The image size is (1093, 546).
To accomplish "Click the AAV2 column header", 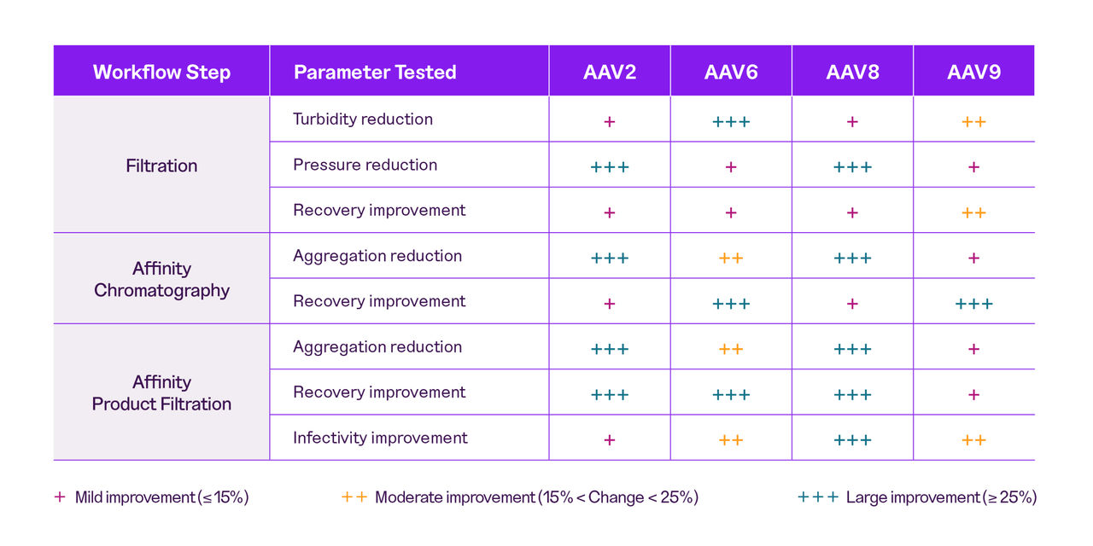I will (609, 72).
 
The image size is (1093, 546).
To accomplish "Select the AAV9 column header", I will (973, 72).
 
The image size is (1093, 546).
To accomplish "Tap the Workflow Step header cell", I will (161, 72).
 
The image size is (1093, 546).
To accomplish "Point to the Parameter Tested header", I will (375, 72).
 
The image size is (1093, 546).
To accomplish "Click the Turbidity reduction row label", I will (362, 119).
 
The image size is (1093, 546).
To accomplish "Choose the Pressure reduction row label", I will (365, 165).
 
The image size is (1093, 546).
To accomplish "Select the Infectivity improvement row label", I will (380, 438).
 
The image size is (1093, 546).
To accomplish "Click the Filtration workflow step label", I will (161, 166).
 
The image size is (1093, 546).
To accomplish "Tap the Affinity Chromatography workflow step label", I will (161, 279).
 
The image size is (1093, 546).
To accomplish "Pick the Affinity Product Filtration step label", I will (161, 392).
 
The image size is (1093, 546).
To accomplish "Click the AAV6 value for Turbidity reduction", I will (731, 121).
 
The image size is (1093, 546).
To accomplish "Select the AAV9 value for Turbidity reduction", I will (973, 121).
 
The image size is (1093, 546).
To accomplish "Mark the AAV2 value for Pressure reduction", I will (609, 167).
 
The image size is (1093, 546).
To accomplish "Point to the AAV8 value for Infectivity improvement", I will (852, 440).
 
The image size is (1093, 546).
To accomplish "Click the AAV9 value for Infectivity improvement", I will (973, 440).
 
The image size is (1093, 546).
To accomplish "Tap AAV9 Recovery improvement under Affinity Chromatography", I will (973, 304).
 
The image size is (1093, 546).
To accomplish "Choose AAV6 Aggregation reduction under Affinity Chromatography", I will (731, 258).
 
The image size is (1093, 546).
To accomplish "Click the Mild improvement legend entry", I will (152, 497).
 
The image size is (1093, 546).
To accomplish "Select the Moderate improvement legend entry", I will (520, 497).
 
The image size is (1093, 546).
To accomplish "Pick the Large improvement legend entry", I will (917, 497).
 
